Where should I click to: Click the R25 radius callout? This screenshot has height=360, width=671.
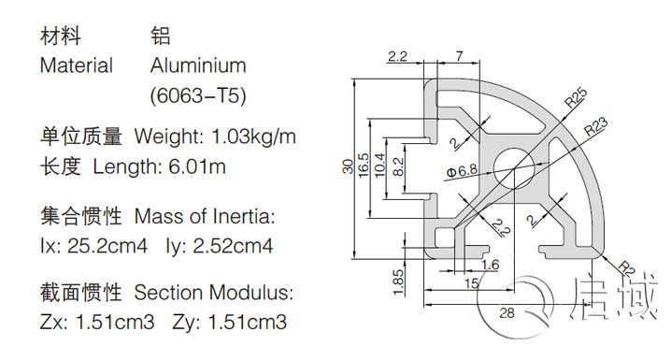pos(575,96)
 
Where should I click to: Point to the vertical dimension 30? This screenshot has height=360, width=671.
pos(348,166)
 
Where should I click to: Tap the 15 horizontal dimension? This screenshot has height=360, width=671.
pos(474,282)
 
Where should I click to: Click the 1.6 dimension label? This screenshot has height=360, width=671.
pos(490,265)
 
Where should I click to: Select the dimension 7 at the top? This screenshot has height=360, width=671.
pos(461,57)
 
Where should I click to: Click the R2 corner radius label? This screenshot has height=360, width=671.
pos(623,269)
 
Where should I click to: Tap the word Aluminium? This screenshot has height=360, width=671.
pos(198,66)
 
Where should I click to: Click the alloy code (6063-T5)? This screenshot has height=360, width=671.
pos(198,95)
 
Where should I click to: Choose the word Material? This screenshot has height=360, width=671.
pos(76,66)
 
